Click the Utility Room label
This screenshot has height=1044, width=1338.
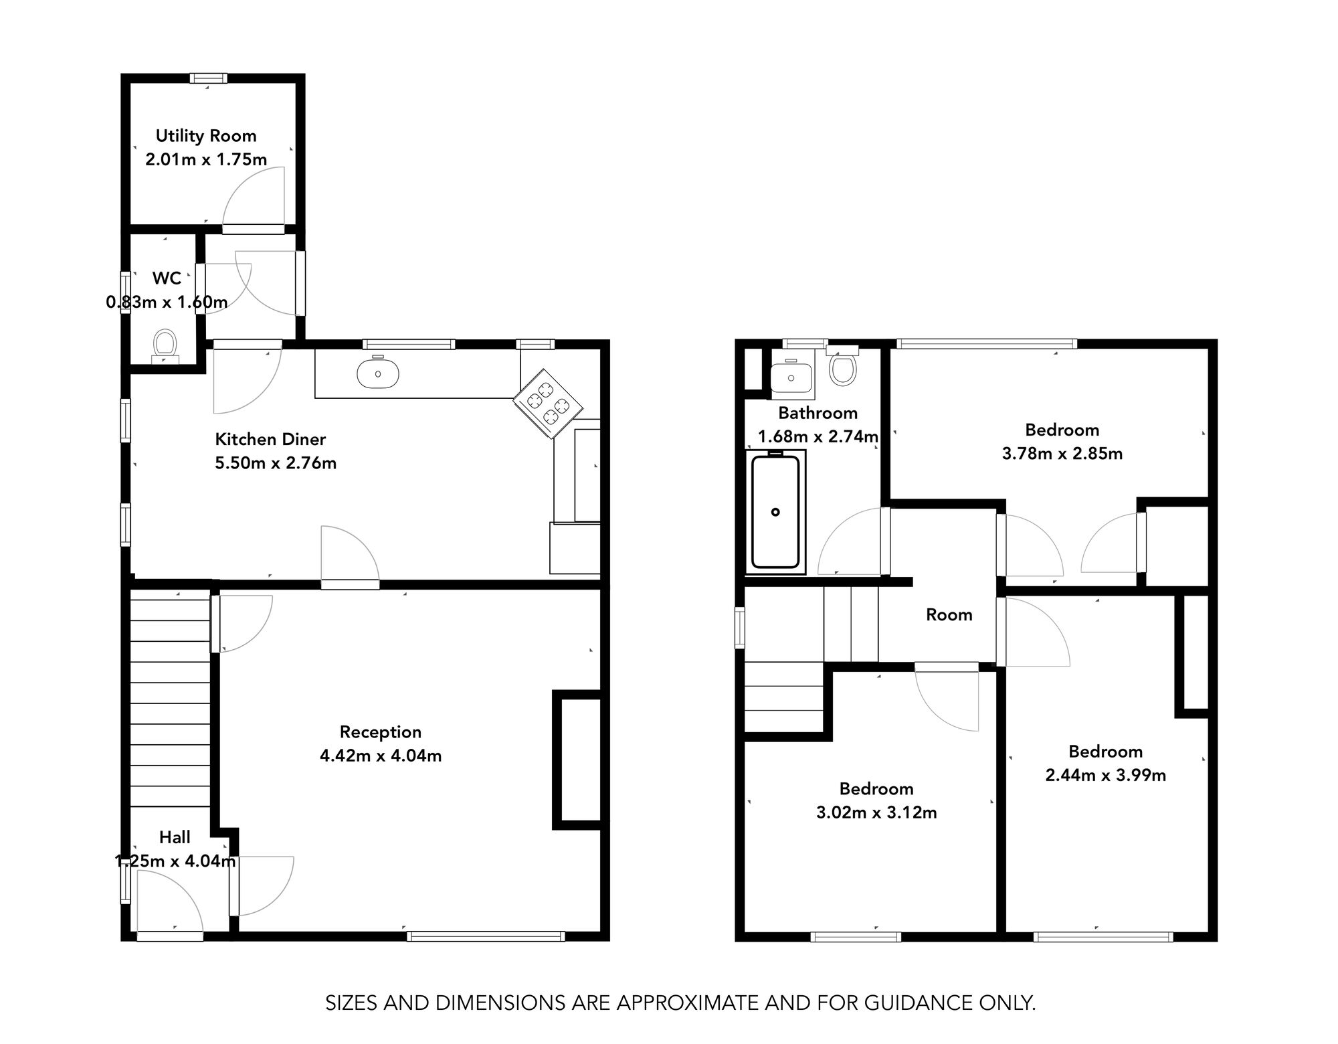point(206,136)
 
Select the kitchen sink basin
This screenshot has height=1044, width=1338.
point(378,374)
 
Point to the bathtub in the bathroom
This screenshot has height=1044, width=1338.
point(775,512)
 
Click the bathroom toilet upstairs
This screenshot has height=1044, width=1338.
point(843,369)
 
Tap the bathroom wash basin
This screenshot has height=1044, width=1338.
point(791,377)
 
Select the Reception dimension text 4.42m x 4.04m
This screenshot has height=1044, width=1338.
point(381,756)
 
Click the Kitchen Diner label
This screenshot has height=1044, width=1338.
point(270,440)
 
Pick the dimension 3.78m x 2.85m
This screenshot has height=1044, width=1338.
point(1062,454)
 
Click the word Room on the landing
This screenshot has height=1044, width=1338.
point(949,615)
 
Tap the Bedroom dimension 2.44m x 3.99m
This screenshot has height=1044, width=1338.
point(1105,775)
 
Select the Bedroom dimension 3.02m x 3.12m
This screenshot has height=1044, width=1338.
point(876,812)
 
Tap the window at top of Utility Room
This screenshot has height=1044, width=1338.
point(208,78)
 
